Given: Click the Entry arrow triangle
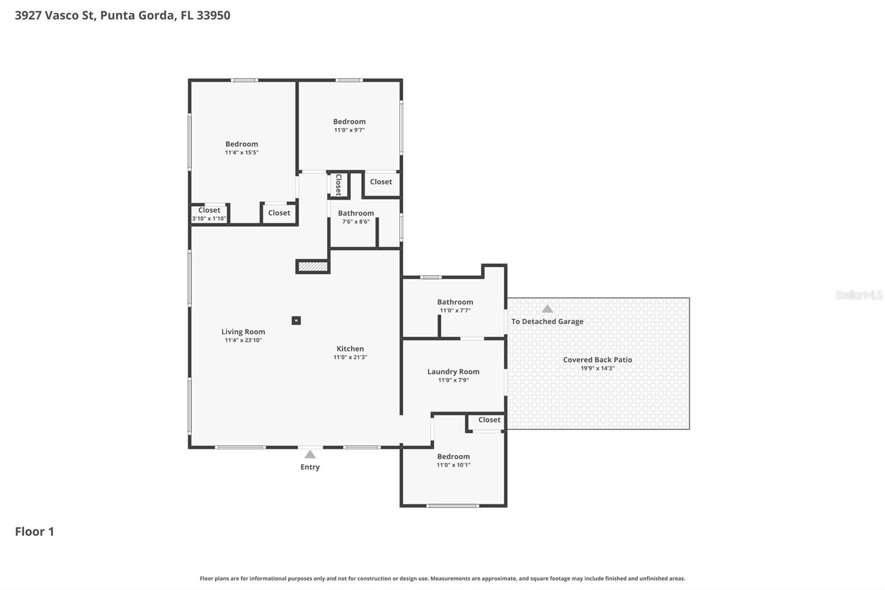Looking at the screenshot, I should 310,454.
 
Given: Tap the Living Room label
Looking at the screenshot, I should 243,332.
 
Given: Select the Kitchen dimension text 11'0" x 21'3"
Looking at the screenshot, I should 350,358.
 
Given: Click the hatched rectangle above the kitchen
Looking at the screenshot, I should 313,267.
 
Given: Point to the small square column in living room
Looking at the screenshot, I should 296,320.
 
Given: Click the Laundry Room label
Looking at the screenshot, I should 453,371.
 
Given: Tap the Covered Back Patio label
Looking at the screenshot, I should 597,360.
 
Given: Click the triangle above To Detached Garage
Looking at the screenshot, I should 547,309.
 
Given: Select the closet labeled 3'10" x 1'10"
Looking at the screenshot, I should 209,214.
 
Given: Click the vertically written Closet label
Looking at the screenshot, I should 339,185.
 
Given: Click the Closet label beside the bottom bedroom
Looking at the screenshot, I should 489,420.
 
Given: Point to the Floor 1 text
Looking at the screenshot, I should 34,531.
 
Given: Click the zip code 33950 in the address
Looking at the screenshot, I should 213,15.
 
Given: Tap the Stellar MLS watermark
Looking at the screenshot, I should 858,295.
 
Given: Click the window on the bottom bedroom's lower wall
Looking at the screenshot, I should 452,505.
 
